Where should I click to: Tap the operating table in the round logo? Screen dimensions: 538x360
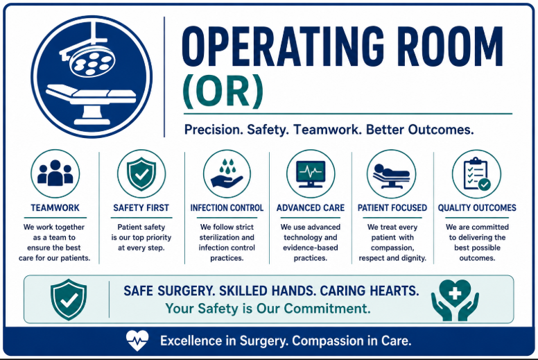pyautogui.click(x=92, y=103)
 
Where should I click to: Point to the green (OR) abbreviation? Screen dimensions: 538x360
pyautogui.click(x=223, y=91)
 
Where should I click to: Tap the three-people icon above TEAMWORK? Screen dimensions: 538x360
pyautogui.click(x=55, y=173)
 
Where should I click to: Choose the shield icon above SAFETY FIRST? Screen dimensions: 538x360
pyautogui.click(x=141, y=174)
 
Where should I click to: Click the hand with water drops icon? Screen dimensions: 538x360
pyautogui.click(x=227, y=173)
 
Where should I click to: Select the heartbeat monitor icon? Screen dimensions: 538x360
pyautogui.click(x=311, y=174)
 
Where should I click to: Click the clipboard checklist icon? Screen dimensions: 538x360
pyautogui.click(x=477, y=174)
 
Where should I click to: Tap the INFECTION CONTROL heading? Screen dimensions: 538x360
pyautogui.click(x=227, y=208)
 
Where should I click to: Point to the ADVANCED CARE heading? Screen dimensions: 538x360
pyautogui.click(x=311, y=208)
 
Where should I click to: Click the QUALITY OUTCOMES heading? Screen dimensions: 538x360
pyautogui.click(x=477, y=208)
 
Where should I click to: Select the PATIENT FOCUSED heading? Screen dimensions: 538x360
pyautogui.click(x=392, y=208)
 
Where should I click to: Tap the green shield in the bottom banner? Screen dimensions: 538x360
pyautogui.click(x=69, y=300)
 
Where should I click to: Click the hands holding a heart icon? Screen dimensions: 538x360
pyautogui.click(x=455, y=300)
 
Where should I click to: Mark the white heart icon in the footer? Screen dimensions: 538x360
pyautogui.click(x=137, y=341)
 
